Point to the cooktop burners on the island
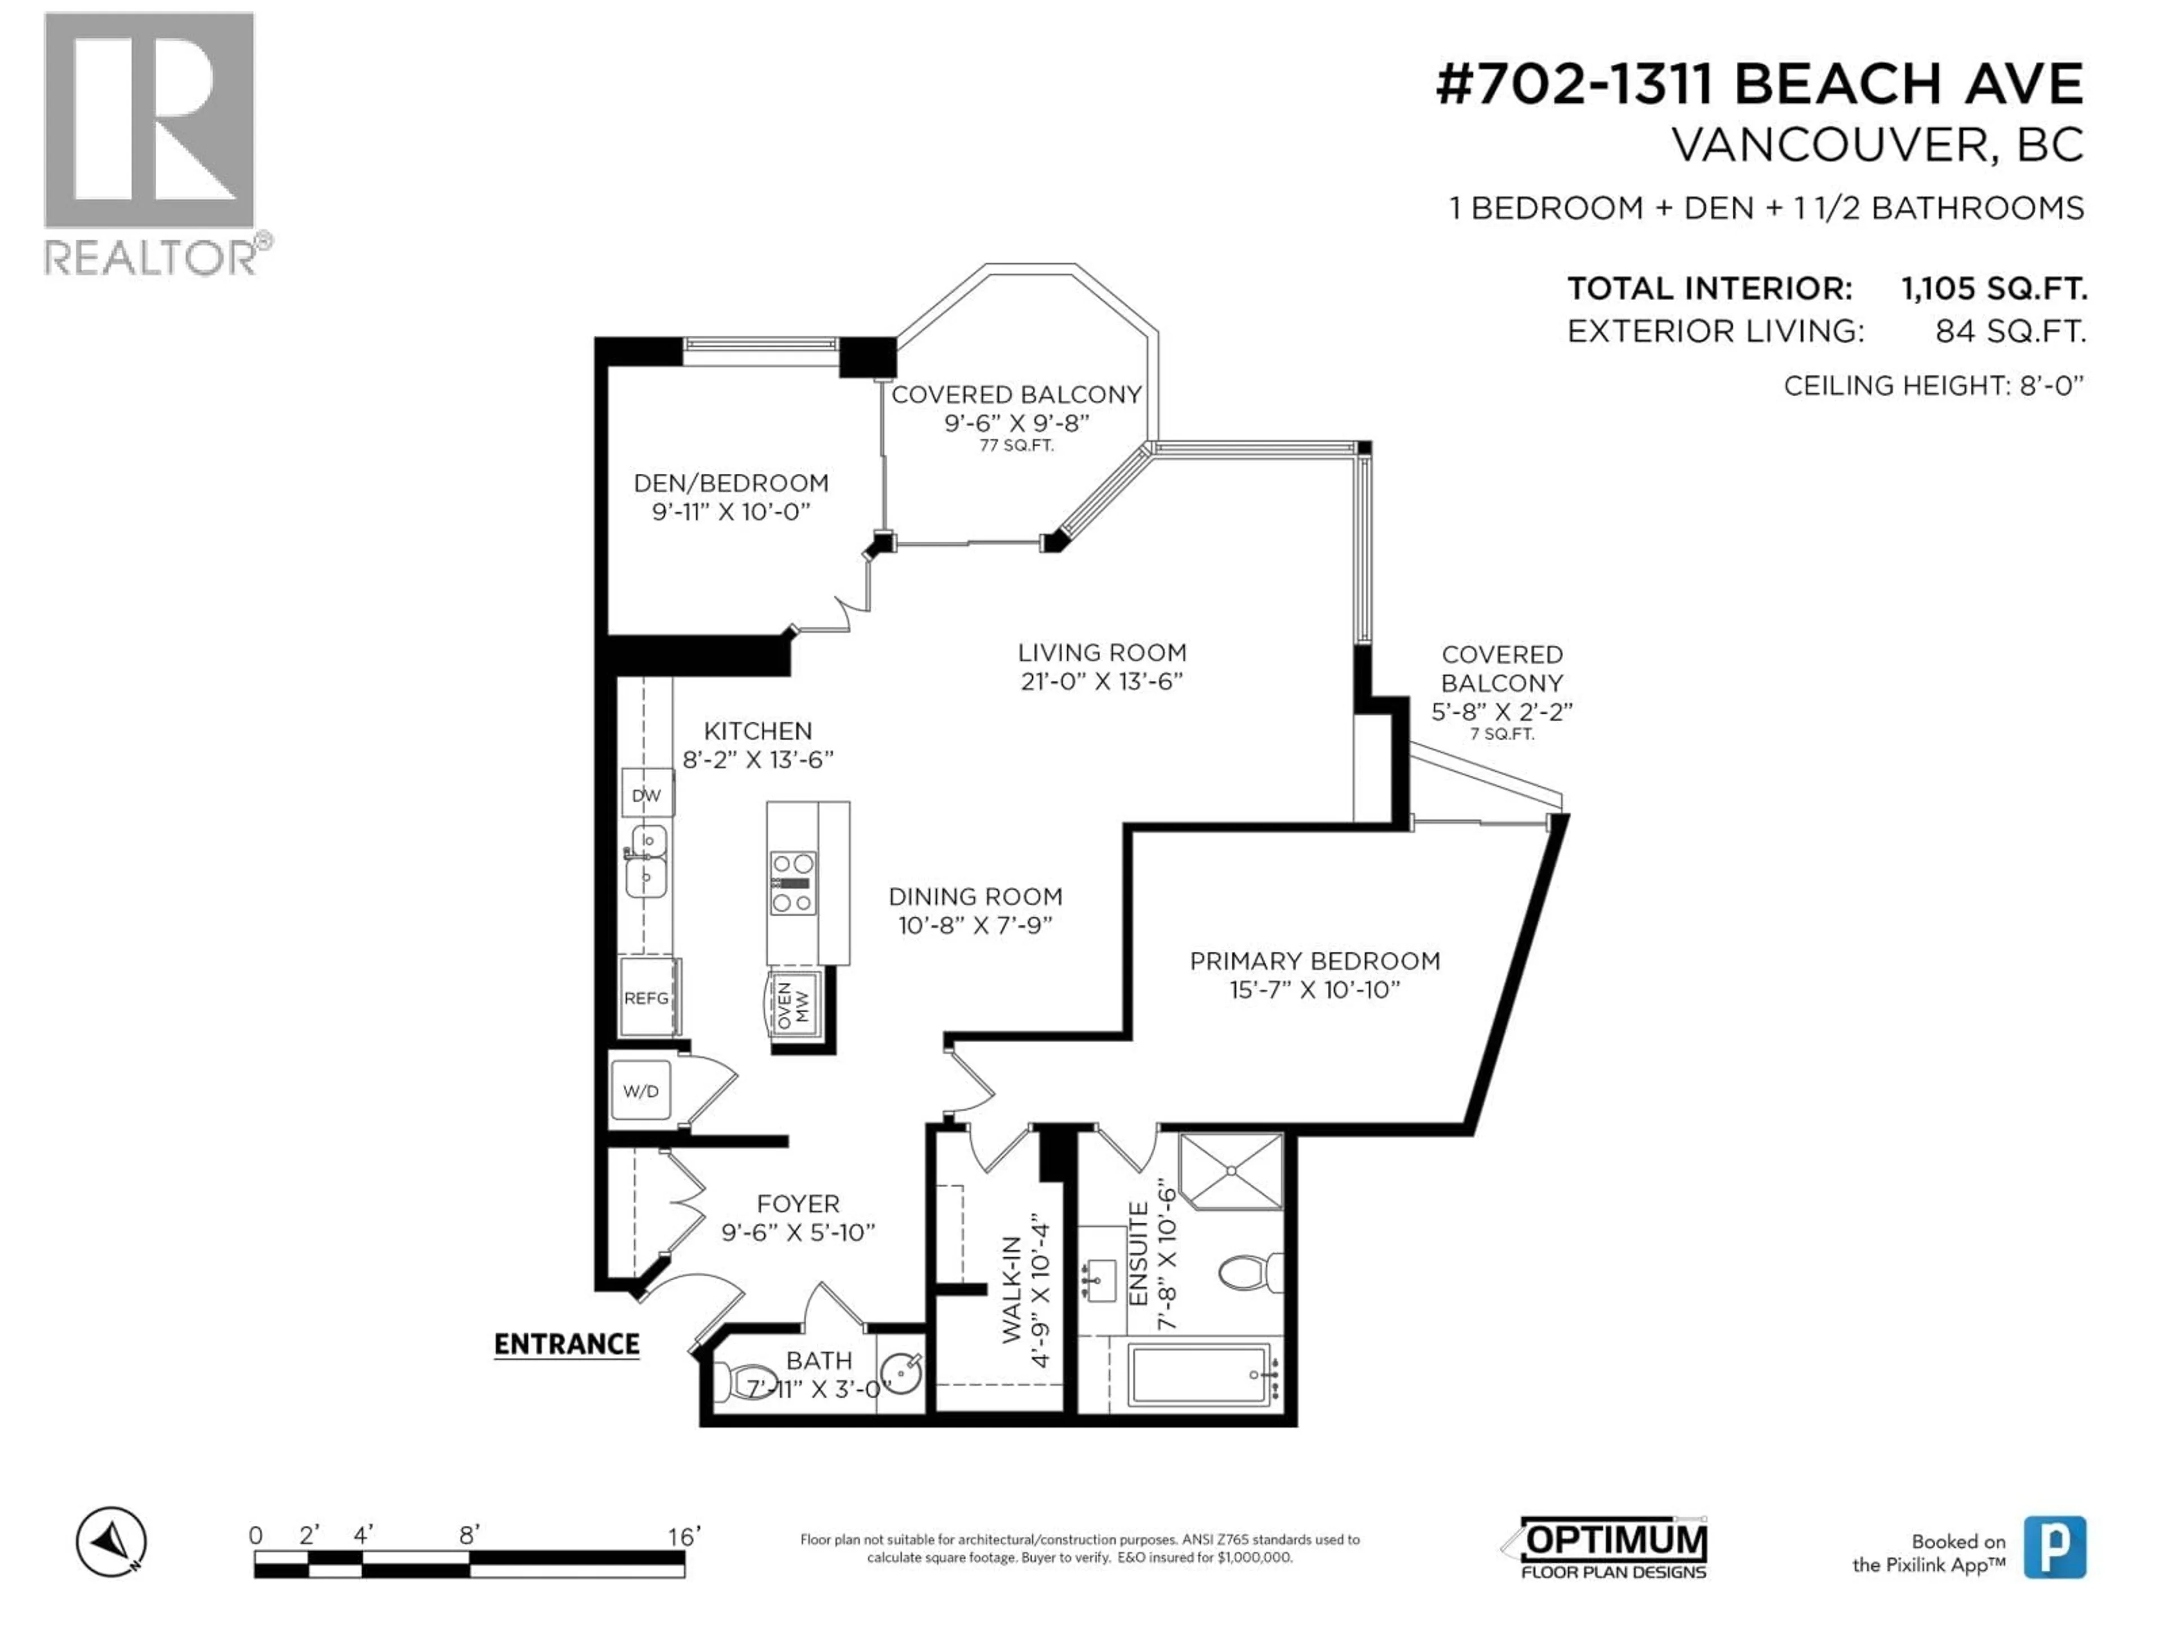[x=792, y=882]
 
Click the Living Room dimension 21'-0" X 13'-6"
[x=1102, y=681]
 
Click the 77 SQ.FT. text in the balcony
[x=1016, y=446]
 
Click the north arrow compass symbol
[x=112, y=1541]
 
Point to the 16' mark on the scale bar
[x=684, y=1536]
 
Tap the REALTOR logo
[x=155, y=143]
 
